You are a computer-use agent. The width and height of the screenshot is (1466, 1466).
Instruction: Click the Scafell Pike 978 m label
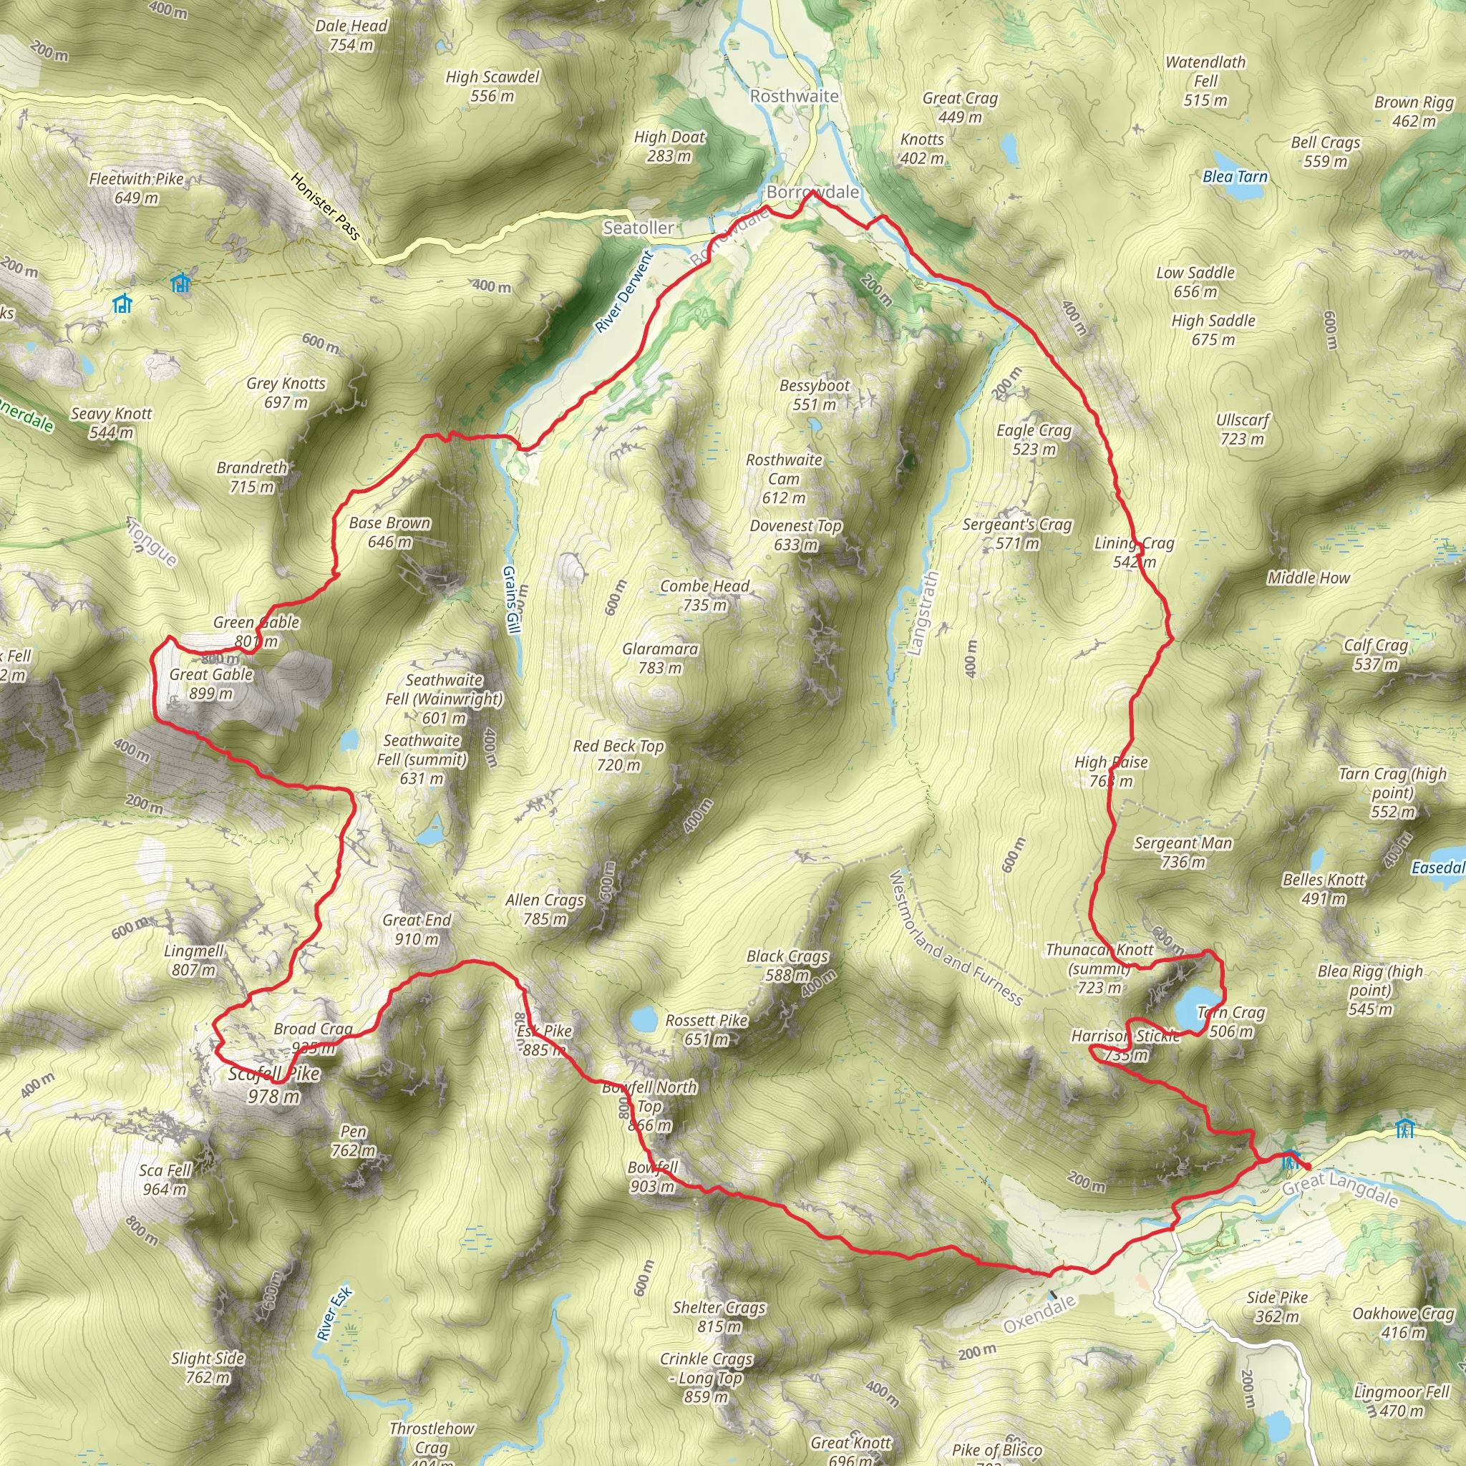click(x=274, y=1084)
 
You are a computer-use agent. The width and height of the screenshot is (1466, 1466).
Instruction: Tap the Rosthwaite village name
click(x=794, y=97)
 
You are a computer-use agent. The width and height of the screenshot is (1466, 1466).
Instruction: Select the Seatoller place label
click(x=638, y=228)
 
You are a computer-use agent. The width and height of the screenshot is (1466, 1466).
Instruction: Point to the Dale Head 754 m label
click(x=351, y=35)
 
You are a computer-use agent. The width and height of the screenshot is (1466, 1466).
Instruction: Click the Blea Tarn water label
click(x=1235, y=177)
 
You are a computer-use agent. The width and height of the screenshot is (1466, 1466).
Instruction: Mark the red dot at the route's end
click(x=1307, y=1166)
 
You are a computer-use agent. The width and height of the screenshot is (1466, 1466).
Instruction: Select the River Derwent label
click(x=623, y=292)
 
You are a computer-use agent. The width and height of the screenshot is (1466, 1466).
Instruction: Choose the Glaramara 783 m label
click(x=659, y=658)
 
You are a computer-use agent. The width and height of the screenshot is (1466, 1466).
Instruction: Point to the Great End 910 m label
click(x=417, y=928)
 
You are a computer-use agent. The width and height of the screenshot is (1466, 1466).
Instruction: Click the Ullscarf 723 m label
click(x=1242, y=429)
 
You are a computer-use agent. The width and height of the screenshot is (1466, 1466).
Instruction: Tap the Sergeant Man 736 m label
click(x=1183, y=851)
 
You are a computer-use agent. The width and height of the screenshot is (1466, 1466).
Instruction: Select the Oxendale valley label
click(x=1039, y=1314)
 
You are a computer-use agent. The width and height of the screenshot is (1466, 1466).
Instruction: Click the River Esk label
click(x=334, y=1314)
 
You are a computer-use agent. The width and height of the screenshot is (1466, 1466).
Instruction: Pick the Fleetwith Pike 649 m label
click(x=137, y=188)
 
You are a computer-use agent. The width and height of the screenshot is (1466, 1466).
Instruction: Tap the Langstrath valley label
click(x=923, y=613)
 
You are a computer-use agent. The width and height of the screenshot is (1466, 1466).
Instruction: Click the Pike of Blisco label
click(x=996, y=1450)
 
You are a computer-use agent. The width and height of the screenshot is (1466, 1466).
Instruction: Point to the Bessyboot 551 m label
click(x=814, y=394)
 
